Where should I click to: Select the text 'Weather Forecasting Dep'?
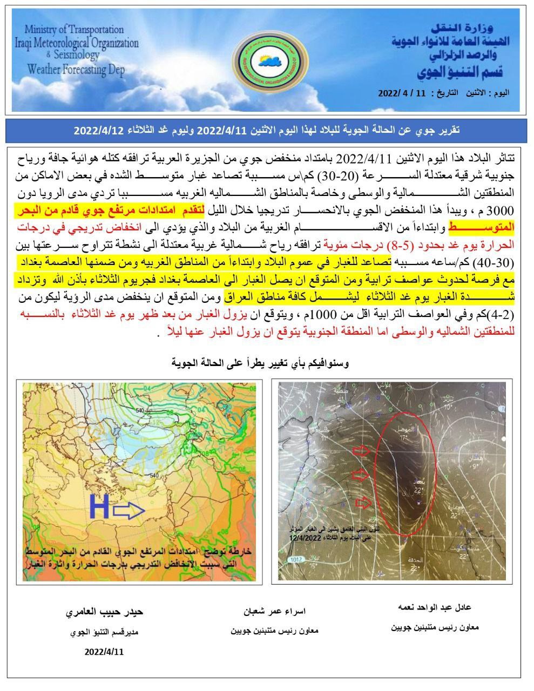76,69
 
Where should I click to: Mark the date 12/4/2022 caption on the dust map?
305,538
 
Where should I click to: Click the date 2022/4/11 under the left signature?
104,651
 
